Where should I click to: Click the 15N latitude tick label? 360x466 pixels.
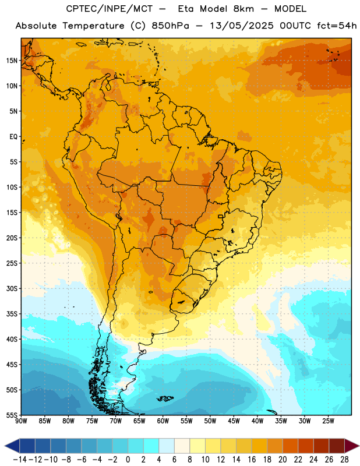12,61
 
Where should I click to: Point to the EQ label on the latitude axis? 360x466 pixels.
13,137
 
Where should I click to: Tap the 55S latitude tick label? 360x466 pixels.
12,415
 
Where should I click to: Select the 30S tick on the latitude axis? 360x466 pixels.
12,288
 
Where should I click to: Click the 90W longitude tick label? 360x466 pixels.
21,421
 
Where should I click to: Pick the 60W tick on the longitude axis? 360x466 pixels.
163,421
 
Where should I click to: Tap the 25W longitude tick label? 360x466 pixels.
328,421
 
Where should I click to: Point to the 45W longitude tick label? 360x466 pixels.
234,421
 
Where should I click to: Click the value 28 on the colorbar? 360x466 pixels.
344,460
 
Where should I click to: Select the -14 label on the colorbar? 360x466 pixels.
20,460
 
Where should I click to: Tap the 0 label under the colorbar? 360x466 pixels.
128,460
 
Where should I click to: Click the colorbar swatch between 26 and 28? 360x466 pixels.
337,446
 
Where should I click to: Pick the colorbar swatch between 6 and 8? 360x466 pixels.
182,446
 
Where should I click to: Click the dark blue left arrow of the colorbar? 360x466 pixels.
12,446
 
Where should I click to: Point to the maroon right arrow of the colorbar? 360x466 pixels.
352,446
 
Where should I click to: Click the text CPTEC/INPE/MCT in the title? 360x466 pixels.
110,9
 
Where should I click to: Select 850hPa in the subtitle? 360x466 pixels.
170,26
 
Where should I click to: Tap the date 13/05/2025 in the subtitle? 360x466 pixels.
242,26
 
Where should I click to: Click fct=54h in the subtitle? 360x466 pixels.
337,26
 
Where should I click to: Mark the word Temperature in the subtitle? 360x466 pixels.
93,26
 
